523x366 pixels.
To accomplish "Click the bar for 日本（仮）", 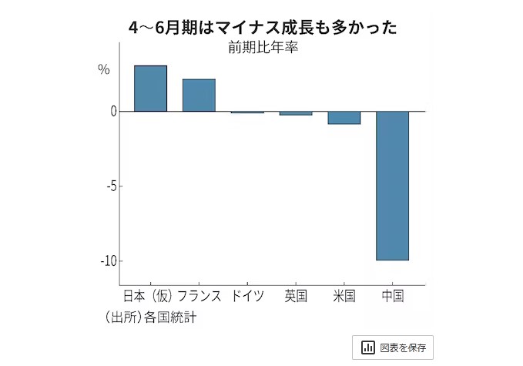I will (x=150, y=89).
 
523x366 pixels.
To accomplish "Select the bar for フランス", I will (x=199, y=96).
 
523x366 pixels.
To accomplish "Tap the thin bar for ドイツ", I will (x=247, y=112).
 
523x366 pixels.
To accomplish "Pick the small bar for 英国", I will (x=296, y=113).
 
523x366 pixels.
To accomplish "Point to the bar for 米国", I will (x=344, y=118).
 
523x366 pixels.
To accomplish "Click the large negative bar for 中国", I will (x=392, y=186).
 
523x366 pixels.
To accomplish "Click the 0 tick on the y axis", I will (x=113, y=111).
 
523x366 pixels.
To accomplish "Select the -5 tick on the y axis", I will (x=109, y=186).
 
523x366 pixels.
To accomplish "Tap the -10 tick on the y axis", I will (x=108, y=260).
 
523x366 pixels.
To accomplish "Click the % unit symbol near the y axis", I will (x=104, y=70).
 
